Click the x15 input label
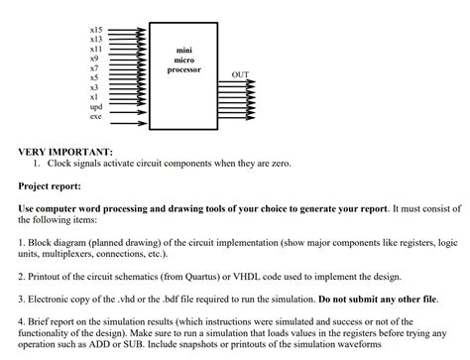(95, 31)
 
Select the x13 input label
(95, 40)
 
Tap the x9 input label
(95, 59)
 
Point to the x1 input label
(94, 97)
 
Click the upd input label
(95, 106)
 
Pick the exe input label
(95, 116)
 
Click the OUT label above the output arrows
(240, 75)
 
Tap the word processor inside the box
(183, 70)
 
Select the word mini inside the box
(183, 50)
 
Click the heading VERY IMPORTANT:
(65, 152)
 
